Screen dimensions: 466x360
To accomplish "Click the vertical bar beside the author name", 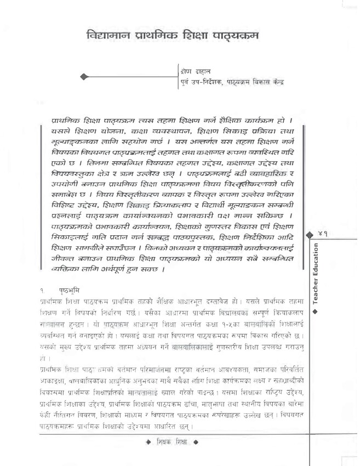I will tap(179, 77).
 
